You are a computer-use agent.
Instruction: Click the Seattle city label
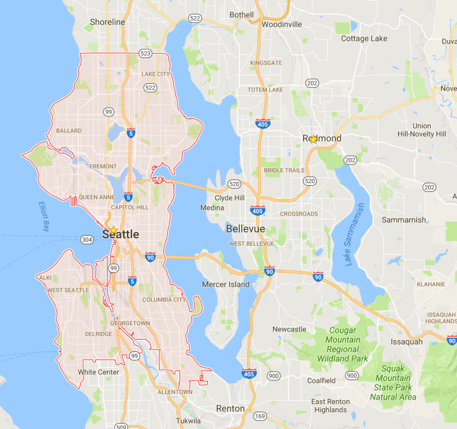[x=116, y=234]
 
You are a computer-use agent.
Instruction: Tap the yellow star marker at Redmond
[x=314, y=139]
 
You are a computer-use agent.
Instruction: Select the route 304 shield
[x=88, y=239]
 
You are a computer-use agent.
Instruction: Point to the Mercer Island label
[x=225, y=285]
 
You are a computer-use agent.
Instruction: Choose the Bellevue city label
[x=245, y=229]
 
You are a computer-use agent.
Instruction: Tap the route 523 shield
[x=145, y=54]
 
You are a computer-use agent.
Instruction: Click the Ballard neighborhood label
[x=69, y=131]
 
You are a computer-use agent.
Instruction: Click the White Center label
[x=98, y=372]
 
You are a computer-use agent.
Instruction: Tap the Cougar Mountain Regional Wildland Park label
[x=342, y=345]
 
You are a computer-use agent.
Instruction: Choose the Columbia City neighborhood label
[x=164, y=300]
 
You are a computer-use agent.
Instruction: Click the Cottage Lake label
[x=364, y=39]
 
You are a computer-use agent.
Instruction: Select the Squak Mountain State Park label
[x=393, y=383]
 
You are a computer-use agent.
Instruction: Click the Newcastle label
[x=289, y=329]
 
